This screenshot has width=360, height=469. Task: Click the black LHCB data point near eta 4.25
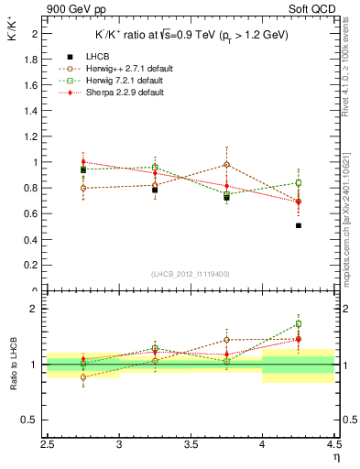299,225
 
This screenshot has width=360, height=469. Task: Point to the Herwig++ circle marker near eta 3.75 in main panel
227,165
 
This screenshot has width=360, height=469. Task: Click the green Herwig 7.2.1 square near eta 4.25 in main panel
299,183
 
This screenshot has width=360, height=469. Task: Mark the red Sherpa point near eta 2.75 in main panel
83,161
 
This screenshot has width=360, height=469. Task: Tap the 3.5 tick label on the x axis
191,446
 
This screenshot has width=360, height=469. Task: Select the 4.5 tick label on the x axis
333,446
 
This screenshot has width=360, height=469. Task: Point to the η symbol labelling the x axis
335,457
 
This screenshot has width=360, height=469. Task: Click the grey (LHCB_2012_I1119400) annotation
191,274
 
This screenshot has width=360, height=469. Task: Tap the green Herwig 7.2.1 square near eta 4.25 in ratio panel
299,323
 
